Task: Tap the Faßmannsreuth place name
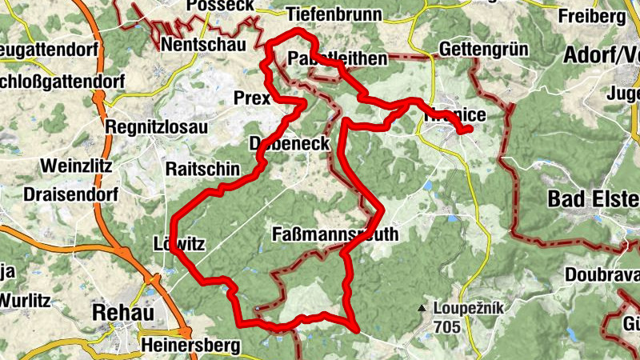click(334, 234)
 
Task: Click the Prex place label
click(252, 98)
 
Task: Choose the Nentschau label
click(203, 45)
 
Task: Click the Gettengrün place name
click(484, 49)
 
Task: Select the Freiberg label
click(591, 16)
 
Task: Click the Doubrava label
click(601, 274)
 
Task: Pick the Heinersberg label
click(190, 346)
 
